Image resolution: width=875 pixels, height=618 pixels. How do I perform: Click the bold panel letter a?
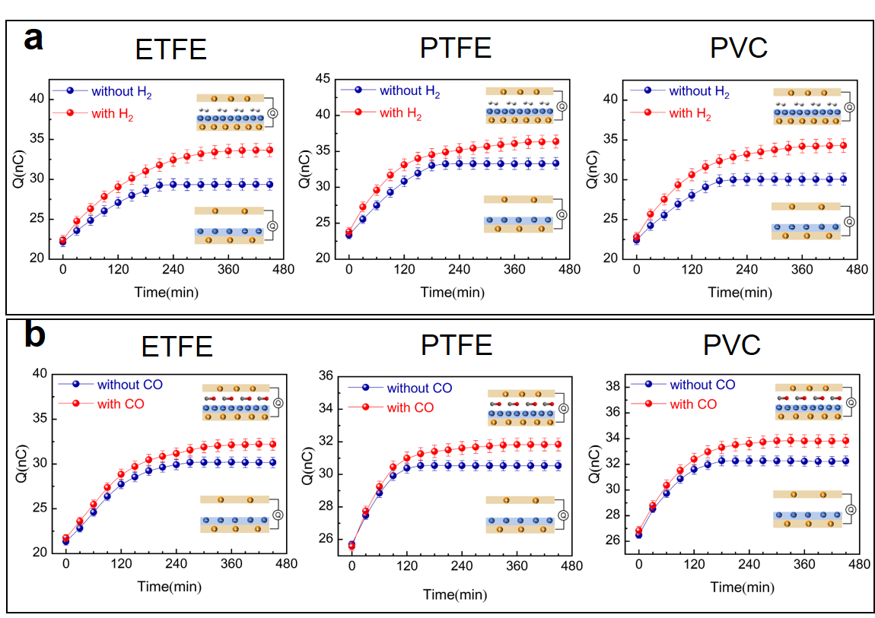pos(33,37)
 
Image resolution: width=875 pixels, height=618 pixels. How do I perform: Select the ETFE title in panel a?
pos(171,50)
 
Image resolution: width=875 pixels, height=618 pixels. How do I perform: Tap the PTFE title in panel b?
pos(456,345)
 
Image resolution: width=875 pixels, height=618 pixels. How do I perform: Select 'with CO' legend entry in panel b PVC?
pos(693,404)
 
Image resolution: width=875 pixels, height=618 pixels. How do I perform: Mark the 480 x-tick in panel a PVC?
pos(857,269)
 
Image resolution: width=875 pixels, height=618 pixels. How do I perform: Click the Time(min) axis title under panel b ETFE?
pos(168,586)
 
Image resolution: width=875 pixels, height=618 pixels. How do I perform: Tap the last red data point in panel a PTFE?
pos(555,141)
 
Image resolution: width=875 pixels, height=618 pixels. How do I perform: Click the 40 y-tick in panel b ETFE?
pos(39,373)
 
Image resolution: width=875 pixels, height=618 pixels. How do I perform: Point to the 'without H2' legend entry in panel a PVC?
pos(698,91)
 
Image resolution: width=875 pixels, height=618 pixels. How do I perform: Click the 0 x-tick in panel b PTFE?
pos(352,566)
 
